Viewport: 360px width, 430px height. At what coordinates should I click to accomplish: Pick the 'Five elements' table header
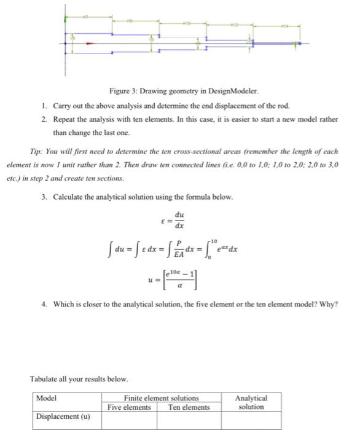(129, 407)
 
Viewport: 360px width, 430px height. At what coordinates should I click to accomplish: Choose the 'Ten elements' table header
(189, 407)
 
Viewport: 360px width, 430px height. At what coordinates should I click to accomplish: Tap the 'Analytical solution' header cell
(251, 402)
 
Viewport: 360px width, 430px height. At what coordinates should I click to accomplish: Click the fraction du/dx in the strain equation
(179, 219)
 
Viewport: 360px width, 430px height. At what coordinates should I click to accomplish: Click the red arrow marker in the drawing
(90, 44)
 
